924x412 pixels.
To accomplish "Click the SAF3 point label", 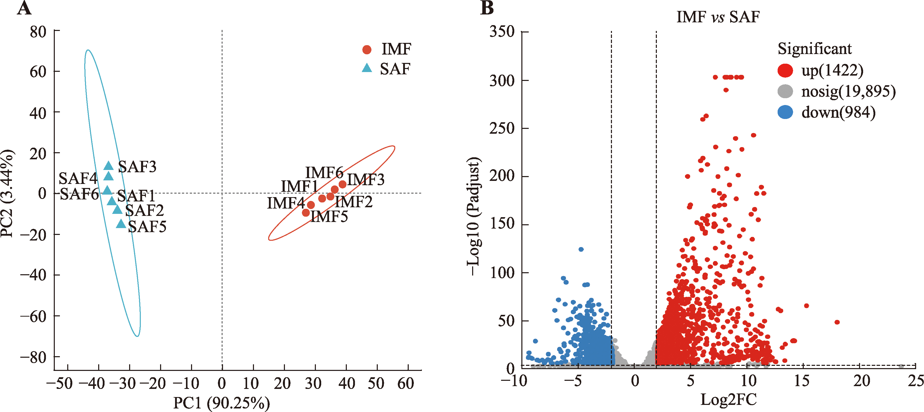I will [137, 167].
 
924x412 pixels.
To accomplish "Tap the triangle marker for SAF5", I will [121, 224].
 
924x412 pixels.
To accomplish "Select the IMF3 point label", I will [366, 179].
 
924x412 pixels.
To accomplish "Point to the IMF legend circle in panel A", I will [367, 49].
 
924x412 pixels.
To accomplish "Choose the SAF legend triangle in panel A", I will [367, 68].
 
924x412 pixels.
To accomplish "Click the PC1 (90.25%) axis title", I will [221, 403].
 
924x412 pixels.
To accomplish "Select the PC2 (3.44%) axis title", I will [7, 194].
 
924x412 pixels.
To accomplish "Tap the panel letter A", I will [24, 8].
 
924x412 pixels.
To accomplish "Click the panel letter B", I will [487, 8].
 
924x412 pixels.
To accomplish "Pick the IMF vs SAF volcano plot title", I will [718, 17].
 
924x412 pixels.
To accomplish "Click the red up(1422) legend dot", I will [785, 70].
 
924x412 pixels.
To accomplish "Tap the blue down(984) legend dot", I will [785, 112].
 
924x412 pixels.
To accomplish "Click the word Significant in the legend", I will [814, 48].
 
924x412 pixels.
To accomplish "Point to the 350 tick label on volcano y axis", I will [502, 31].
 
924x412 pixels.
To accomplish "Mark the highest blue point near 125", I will [581, 249].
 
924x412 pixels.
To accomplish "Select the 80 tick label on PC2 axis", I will [38, 32].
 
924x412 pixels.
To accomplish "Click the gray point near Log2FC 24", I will [901, 366].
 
